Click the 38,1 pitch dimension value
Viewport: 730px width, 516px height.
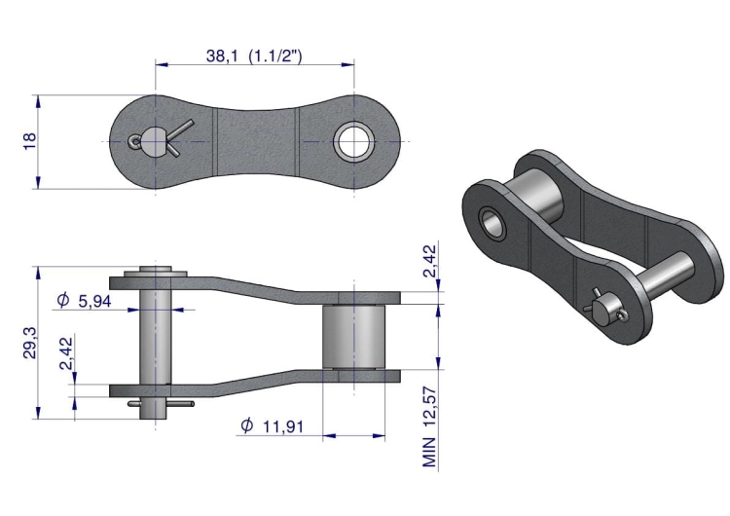[x=222, y=55]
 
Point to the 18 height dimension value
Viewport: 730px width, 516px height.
[x=29, y=141]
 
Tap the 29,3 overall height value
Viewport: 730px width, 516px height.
[x=29, y=343]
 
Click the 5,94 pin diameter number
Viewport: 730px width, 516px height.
[x=95, y=302]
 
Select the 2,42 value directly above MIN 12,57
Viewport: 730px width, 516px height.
[x=430, y=260]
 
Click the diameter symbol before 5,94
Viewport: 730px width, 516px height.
[x=63, y=301]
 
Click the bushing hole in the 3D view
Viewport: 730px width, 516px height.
[x=493, y=222]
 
